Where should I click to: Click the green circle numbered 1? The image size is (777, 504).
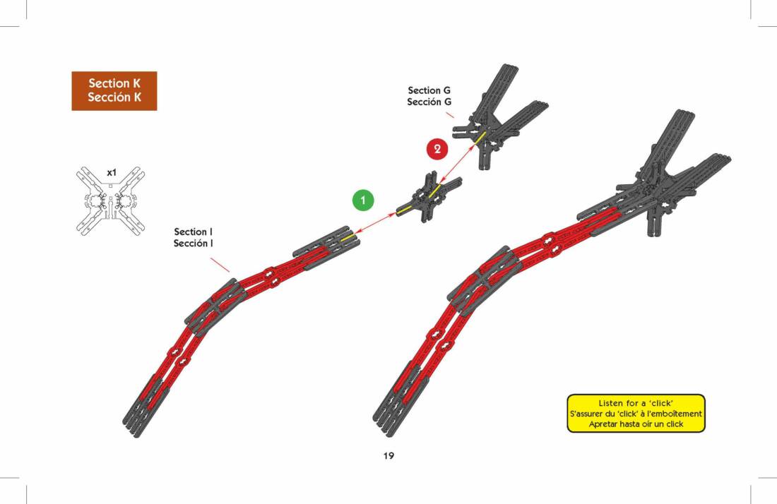pyautogui.click(x=363, y=200)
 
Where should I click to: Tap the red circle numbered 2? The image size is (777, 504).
pyautogui.click(x=437, y=149)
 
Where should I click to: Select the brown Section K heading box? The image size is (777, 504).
pyautogui.click(x=114, y=90)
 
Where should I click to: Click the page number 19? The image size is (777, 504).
pyautogui.click(x=389, y=455)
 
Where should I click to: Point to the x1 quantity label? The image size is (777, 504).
pyautogui.click(x=112, y=173)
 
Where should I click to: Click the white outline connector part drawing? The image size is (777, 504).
pyautogui.click(x=110, y=200)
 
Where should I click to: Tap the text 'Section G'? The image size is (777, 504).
pyautogui.click(x=429, y=90)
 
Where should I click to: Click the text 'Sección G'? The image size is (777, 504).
pyautogui.click(x=429, y=102)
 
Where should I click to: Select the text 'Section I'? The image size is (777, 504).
pyautogui.click(x=194, y=232)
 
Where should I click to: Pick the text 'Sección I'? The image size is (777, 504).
pyautogui.click(x=194, y=243)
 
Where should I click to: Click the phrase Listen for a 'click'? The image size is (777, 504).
pyautogui.click(x=636, y=403)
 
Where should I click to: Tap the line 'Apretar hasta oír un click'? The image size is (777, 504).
pyautogui.click(x=636, y=424)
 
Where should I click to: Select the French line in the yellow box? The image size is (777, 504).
pyautogui.click(x=636, y=414)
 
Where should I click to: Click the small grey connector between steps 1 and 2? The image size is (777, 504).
pyautogui.click(x=429, y=196)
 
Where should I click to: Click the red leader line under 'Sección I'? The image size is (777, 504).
pyautogui.click(x=220, y=265)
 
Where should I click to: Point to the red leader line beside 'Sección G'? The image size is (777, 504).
pyautogui.click(x=450, y=115)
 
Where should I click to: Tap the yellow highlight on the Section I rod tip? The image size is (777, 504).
pyautogui.click(x=348, y=238)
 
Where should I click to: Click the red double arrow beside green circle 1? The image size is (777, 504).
pyautogui.click(x=376, y=222)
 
